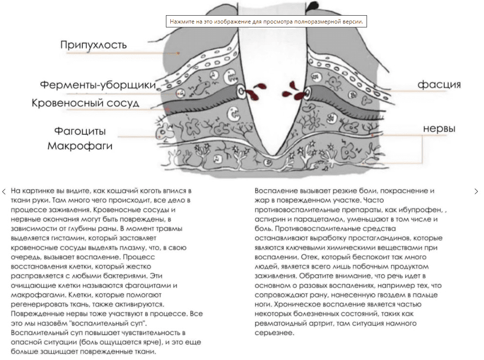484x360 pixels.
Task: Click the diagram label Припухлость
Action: click(x=93, y=46)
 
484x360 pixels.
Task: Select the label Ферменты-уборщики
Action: click(x=98, y=86)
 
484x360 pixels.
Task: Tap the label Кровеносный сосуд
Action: click(x=86, y=103)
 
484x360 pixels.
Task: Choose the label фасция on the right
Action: click(x=439, y=85)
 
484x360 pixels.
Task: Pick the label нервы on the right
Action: click(x=439, y=129)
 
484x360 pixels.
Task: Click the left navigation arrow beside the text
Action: click(x=4, y=191)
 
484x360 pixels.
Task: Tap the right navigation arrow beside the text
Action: click(x=476, y=191)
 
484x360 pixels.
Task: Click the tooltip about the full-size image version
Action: click(x=267, y=22)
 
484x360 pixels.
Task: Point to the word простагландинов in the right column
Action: click(x=392, y=238)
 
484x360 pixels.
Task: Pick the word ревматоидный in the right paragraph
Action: click(x=281, y=324)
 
